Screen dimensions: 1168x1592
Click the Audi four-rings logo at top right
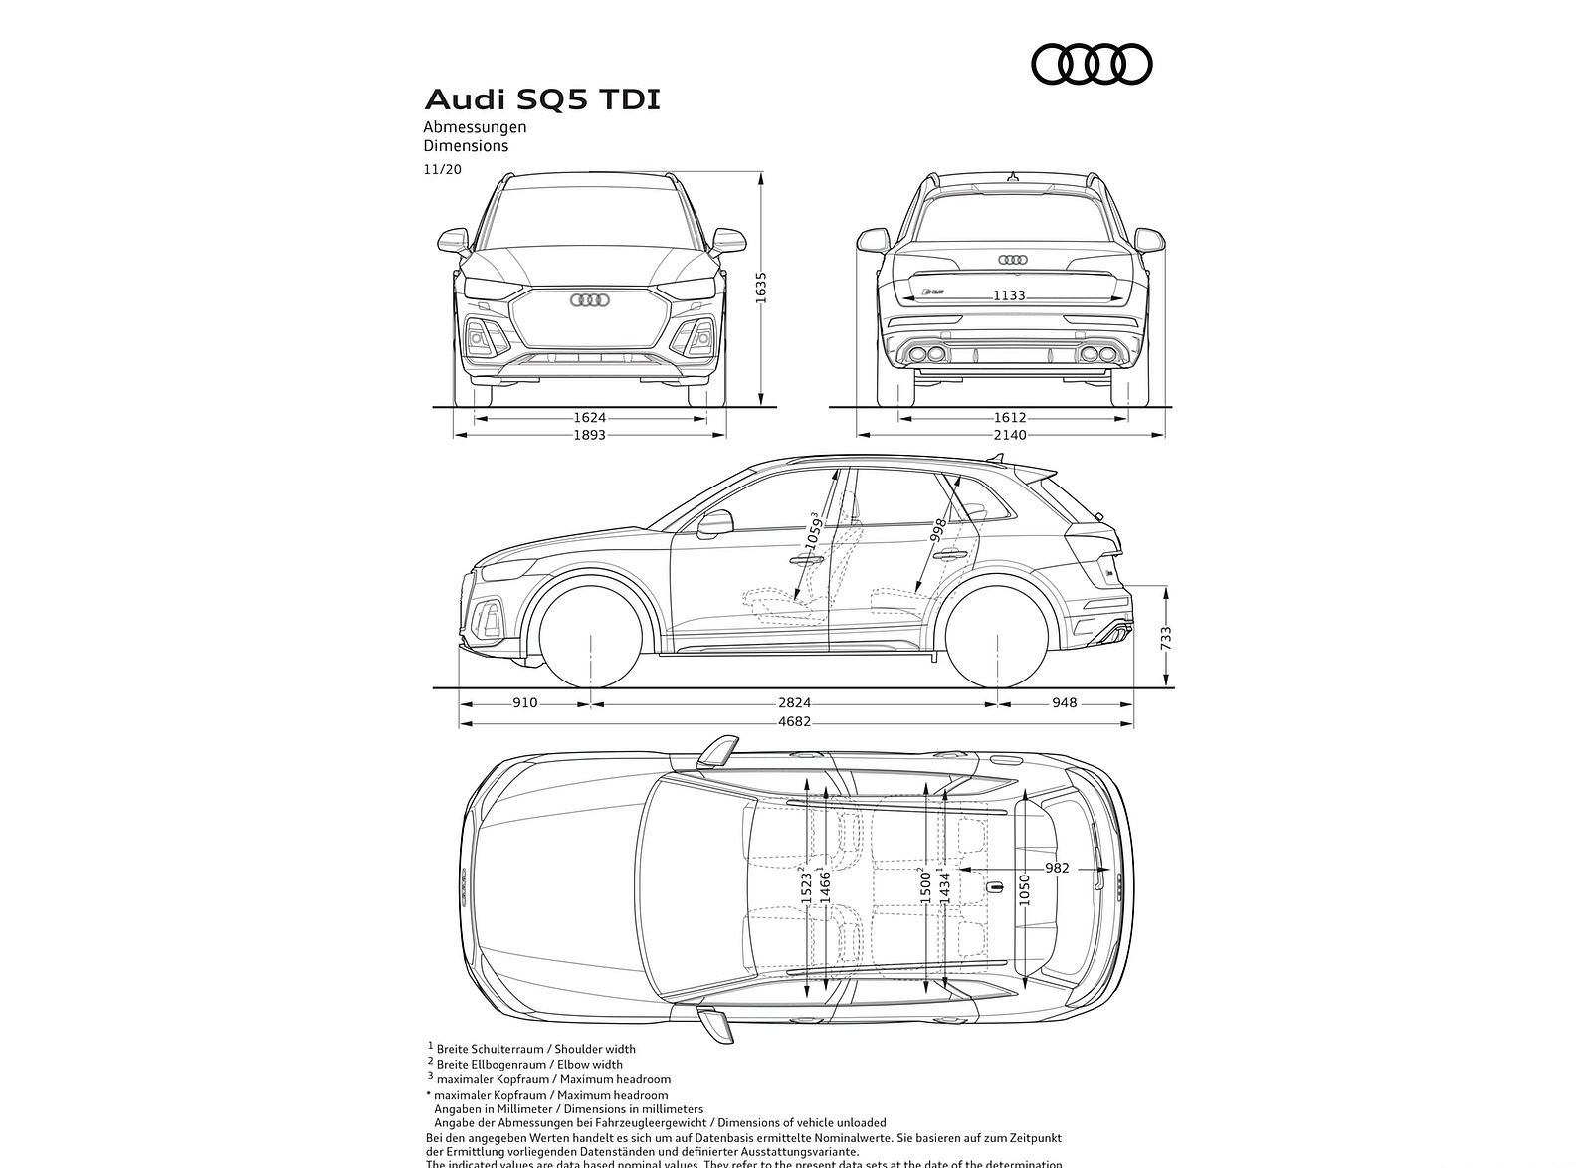click(x=1092, y=65)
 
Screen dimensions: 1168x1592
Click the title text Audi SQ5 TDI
click(x=542, y=100)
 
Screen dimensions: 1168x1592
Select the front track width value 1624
click(x=590, y=419)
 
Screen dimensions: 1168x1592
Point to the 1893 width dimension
click(x=590, y=435)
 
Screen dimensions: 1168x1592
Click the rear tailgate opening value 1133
click(x=1009, y=295)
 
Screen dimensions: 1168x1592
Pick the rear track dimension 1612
click(x=1010, y=419)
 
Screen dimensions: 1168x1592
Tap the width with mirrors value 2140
click(x=1010, y=435)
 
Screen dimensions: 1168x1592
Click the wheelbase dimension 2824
click(x=793, y=703)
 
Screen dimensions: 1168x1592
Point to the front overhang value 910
click(x=524, y=703)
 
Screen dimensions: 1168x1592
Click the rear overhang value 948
click(x=1064, y=703)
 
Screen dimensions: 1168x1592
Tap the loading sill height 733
click(x=1167, y=638)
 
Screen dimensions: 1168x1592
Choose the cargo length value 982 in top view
click(x=1057, y=869)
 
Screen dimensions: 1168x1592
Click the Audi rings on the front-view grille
click(x=589, y=300)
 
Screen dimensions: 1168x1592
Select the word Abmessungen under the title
click(x=475, y=127)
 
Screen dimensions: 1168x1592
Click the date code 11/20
click(x=442, y=169)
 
